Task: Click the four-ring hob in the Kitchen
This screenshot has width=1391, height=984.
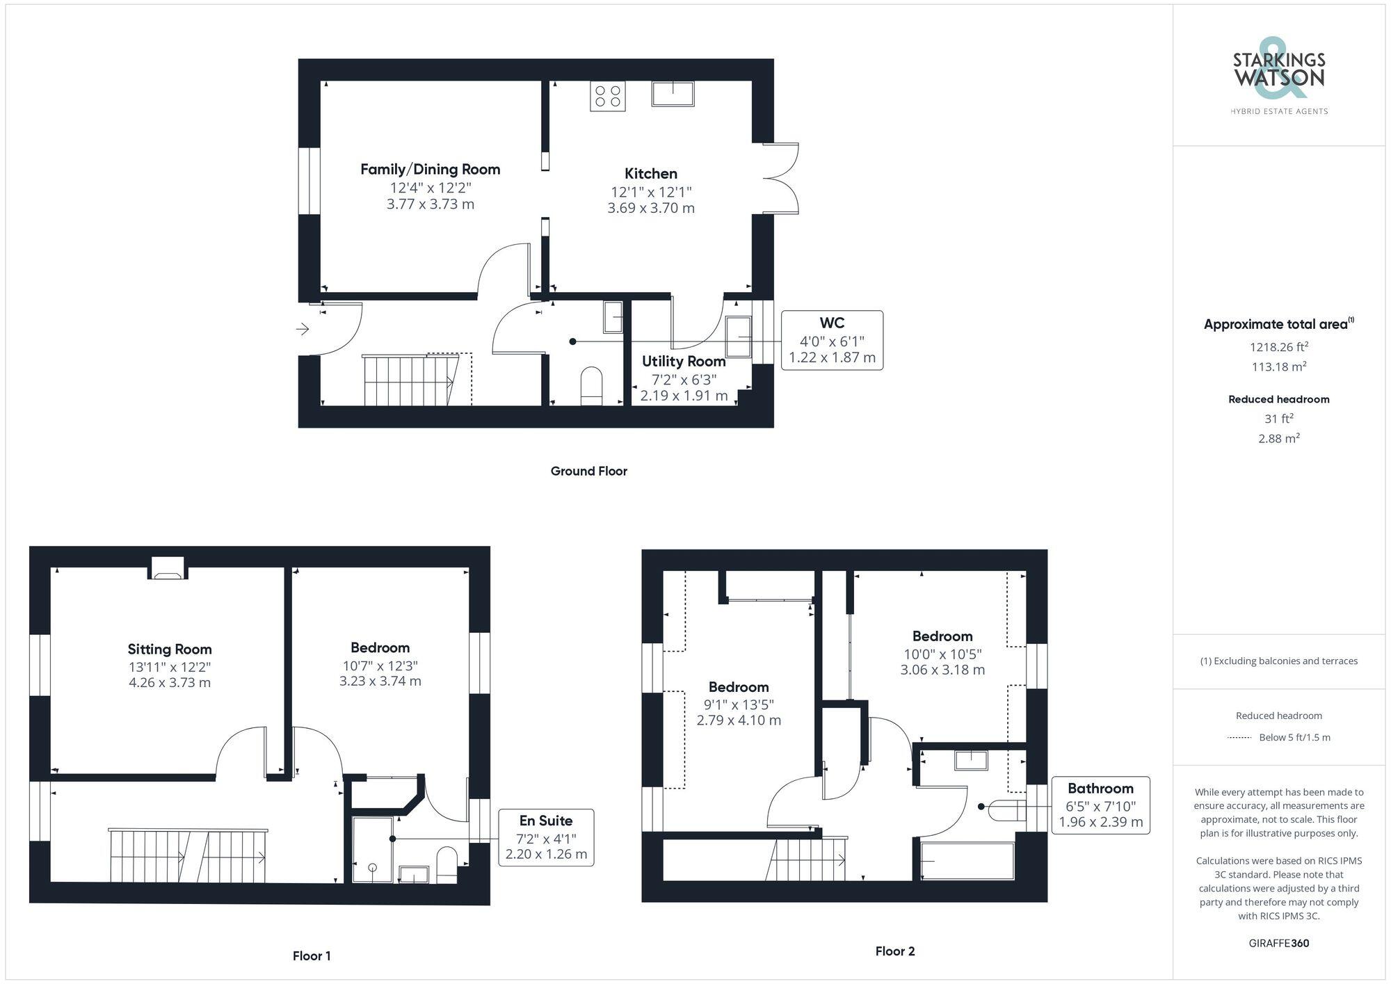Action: click(x=608, y=96)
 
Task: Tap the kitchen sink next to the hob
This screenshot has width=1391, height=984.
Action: click(x=673, y=93)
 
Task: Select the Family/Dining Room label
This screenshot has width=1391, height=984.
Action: click(x=430, y=169)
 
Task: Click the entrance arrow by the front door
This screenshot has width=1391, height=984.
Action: click(x=303, y=329)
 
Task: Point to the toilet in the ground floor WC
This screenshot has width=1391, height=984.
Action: click(x=591, y=385)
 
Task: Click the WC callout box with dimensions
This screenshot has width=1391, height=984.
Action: click(x=832, y=340)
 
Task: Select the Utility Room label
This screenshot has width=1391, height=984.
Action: click(x=684, y=361)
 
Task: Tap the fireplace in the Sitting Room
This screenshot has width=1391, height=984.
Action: click(x=168, y=568)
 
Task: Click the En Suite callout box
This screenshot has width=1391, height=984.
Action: click(x=546, y=837)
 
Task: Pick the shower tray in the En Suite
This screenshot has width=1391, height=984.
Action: click(x=373, y=850)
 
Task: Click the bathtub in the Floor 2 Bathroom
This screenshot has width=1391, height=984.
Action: click(x=967, y=861)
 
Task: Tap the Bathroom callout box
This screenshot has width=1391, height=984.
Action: click(x=1100, y=805)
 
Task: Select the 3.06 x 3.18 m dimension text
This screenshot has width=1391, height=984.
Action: click(x=942, y=670)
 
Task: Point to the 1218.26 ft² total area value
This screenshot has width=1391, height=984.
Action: click(x=1278, y=346)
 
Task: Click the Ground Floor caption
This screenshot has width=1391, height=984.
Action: click(x=588, y=471)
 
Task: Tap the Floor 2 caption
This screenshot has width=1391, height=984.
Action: click(x=894, y=951)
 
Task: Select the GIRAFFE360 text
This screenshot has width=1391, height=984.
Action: click(x=1278, y=943)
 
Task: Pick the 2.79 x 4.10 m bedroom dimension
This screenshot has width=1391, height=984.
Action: click(x=739, y=720)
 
